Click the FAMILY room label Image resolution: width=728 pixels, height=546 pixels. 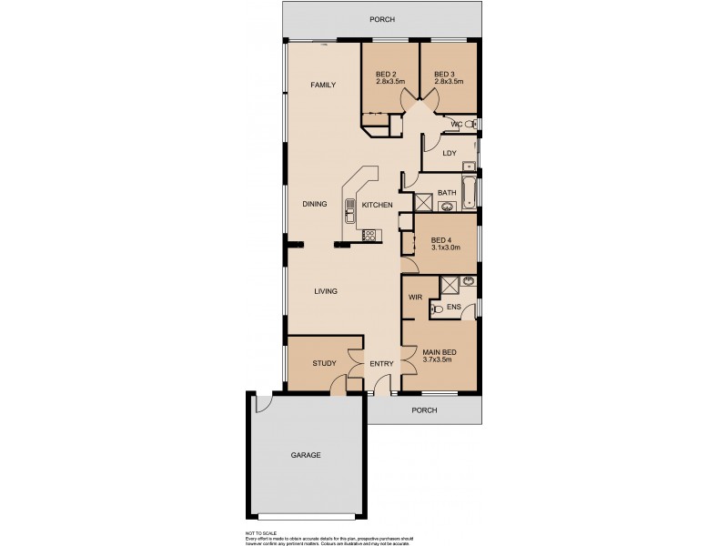[323, 85]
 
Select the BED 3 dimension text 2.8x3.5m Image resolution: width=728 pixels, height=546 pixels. [449, 82]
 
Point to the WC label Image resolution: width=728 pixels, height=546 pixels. [458, 124]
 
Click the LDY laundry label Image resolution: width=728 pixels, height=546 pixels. [449, 153]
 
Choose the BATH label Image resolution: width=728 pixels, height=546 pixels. [446, 193]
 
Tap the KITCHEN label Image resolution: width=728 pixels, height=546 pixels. [377, 206]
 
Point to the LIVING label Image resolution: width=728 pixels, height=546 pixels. [326, 291]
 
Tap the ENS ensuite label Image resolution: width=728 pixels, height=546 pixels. [453, 308]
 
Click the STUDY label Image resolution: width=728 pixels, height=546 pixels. [324, 364]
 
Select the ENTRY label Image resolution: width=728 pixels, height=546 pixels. [381, 364]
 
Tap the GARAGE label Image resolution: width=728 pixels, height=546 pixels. [306, 455]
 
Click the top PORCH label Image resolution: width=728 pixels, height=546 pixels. [382, 19]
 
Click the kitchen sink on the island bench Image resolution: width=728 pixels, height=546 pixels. [349, 217]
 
